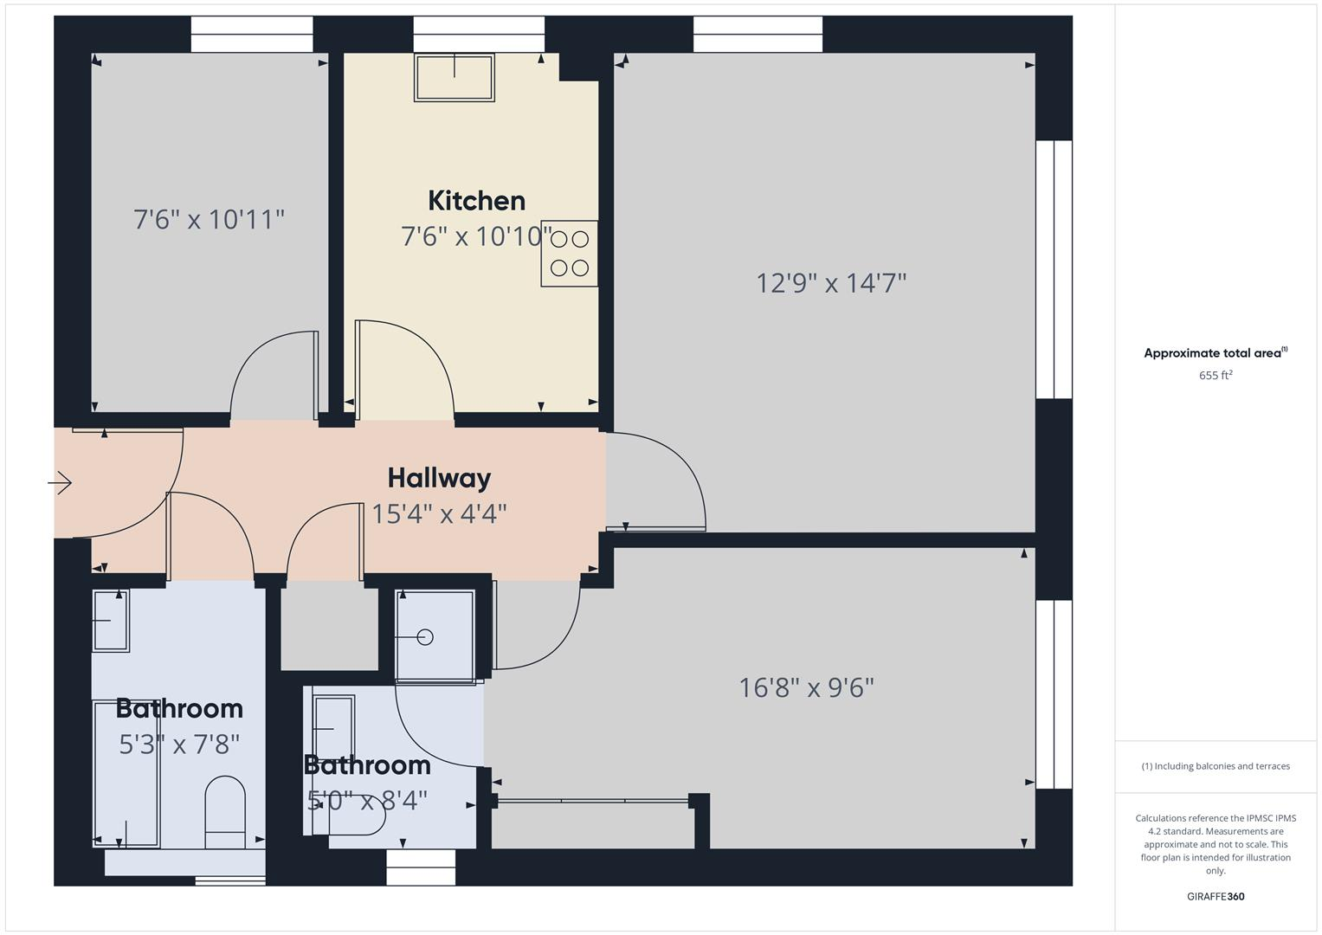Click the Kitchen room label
[x=476, y=201]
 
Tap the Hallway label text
[x=439, y=478]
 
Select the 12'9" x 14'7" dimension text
[x=831, y=283]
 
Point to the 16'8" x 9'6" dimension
[x=806, y=687]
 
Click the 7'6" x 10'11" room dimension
[x=209, y=219]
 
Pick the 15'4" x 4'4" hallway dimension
[x=439, y=513]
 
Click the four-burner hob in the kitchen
[x=569, y=254]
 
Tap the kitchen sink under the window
[x=455, y=78]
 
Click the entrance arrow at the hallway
[x=60, y=482]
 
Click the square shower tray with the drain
[x=435, y=636]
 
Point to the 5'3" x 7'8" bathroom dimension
[x=179, y=744]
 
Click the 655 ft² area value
[x=1216, y=375]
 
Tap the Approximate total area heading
[x=1216, y=353]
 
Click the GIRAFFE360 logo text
[x=1216, y=896]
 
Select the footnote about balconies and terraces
[x=1216, y=766]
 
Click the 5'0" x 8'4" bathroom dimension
[x=367, y=801]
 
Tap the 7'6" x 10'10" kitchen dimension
[x=476, y=236]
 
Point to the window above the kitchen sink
[x=479, y=35]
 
